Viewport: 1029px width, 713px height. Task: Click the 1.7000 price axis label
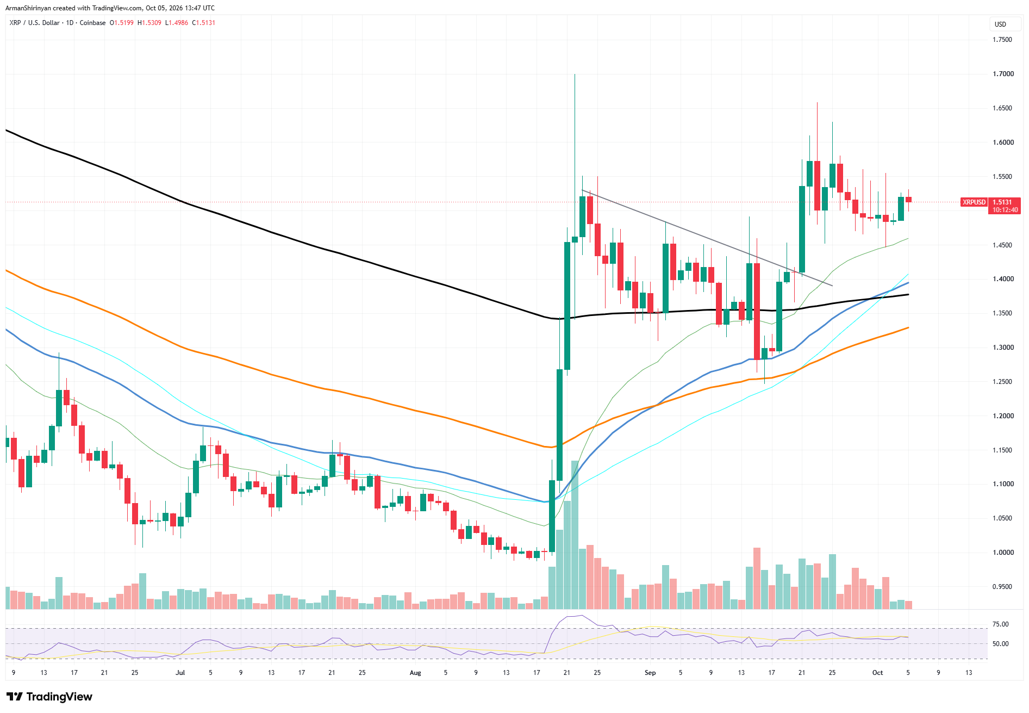coord(1003,74)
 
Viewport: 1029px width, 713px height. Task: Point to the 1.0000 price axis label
coord(1003,553)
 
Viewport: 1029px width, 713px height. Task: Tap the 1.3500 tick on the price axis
coord(1003,313)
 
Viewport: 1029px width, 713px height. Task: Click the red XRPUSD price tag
coord(974,202)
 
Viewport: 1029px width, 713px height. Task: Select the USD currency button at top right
coord(1000,24)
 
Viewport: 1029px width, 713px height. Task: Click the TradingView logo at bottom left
coord(49,697)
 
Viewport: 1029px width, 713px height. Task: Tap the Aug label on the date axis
coord(415,673)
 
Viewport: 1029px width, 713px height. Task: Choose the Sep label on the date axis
coord(650,673)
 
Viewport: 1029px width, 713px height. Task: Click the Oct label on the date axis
coord(877,673)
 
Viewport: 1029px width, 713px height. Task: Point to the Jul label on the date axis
coord(180,673)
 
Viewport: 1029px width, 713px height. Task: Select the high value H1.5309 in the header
coord(149,23)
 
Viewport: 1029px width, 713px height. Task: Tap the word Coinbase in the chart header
coord(92,23)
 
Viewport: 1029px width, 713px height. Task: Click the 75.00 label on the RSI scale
coord(1001,624)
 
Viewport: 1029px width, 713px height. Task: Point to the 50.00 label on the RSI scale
coord(1001,644)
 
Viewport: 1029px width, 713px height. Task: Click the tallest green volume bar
coord(575,535)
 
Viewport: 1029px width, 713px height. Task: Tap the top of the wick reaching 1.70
coord(575,74)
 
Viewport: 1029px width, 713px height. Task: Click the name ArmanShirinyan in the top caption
coord(28,8)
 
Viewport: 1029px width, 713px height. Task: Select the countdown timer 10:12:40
coord(1005,210)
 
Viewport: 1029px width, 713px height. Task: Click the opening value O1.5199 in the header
coord(122,23)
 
